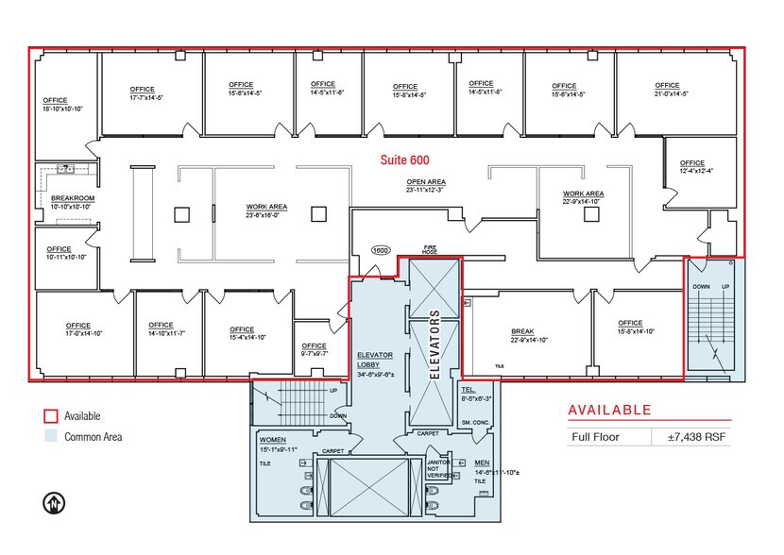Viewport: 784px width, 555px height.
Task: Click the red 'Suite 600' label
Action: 404,160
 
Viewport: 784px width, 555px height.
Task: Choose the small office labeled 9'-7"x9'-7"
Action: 314,350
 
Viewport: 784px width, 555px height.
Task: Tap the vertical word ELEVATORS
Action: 435,344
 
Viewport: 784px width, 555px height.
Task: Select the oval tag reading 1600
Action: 381,251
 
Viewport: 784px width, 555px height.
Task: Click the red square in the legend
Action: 51,416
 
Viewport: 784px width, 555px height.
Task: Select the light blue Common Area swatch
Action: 51,437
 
